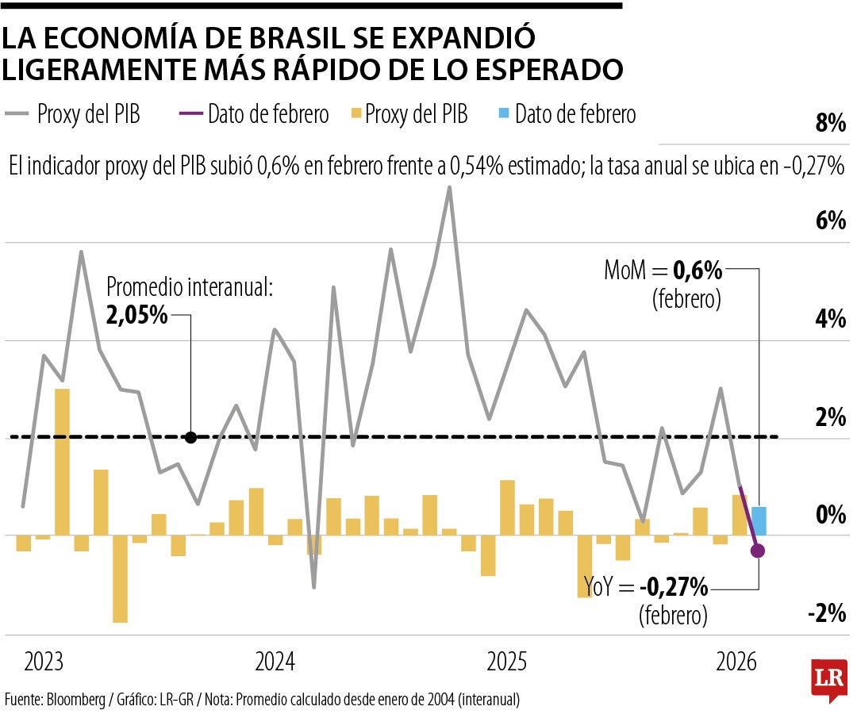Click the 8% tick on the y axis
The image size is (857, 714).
point(830,124)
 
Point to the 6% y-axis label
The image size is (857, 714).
point(830,221)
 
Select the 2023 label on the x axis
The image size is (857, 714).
point(44,662)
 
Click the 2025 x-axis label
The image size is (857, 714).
point(507,662)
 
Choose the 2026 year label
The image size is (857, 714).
point(736,662)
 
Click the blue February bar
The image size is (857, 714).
point(759,520)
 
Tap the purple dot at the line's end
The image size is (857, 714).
point(758,551)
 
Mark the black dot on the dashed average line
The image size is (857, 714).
point(190,437)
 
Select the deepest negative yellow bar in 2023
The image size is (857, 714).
point(120,578)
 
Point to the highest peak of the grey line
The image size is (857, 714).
point(450,188)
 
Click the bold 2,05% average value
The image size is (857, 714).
point(136,315)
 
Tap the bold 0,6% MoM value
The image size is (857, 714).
point(698,271)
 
